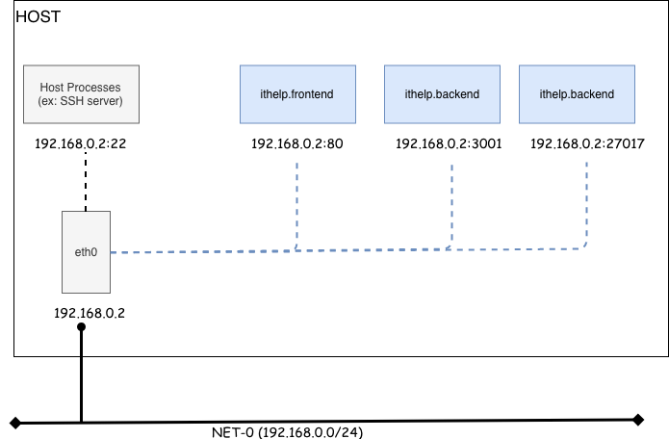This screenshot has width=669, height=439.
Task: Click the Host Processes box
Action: click(x=81, y=94)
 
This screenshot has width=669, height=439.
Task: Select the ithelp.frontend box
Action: click(x=296, y=94)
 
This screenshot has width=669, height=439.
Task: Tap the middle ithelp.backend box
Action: click(x=442, y=94)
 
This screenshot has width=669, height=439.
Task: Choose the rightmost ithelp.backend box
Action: click(x=577, y=94)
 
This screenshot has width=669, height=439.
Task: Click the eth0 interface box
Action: click(x=86, y=252)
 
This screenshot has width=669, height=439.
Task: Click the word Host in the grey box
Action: click(x=53, y=88)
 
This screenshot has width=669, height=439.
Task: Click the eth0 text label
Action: click(x=86, y=252)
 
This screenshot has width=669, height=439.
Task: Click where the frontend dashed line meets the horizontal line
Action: click(x=296, y=249)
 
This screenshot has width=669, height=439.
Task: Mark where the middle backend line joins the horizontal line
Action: click(x=450, y=249)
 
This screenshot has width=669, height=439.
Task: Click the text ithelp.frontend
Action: click(x=296, y=94)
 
